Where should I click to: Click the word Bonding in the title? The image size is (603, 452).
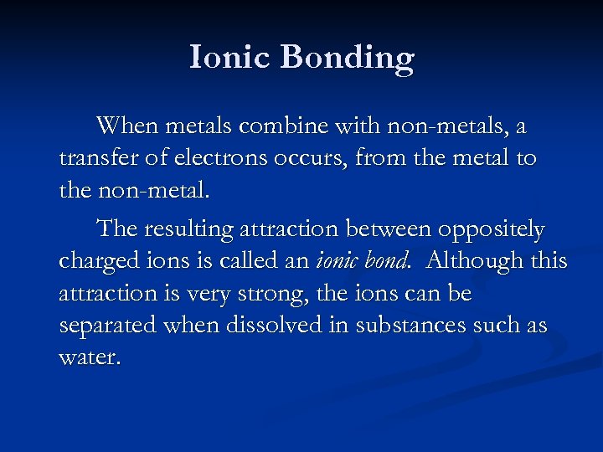(348, 58)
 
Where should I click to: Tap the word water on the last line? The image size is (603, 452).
(89, 357)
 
